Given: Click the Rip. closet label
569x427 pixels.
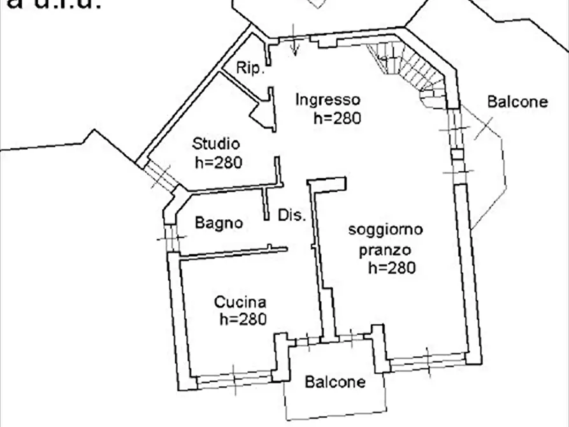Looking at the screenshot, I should tap(250, 69).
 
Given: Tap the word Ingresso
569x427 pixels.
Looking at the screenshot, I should tap(328, 100).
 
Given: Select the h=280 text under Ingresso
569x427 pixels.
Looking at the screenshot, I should tap(337, 118).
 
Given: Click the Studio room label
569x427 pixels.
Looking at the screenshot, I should tap(216, 143).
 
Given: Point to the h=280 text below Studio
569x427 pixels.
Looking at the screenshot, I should tap(219, 163).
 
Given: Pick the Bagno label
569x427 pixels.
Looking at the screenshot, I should tap(219, 223).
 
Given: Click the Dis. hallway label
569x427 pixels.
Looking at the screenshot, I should tap(292, 215).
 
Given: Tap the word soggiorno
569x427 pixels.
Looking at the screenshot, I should tap(385, 230).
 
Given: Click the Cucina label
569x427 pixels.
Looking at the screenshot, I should tap(240, 302).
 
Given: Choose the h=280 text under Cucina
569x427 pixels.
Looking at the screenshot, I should tap(242, 319).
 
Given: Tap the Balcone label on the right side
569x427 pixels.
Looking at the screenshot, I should tap(517, 102).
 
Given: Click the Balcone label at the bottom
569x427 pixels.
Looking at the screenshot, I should tap(335, 382).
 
